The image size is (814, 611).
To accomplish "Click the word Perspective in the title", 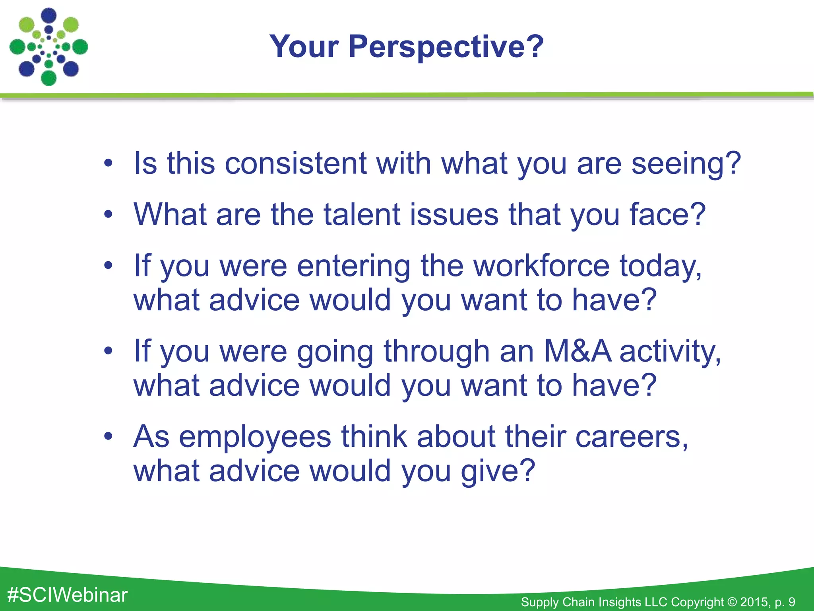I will [x=446, y=47].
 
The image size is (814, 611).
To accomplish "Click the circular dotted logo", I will [x=48, y=47].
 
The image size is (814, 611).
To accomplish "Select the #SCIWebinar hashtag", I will [x=68, y=595].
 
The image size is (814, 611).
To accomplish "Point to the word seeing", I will [x=686, y=164].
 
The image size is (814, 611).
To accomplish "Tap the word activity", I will [x=670, y=352].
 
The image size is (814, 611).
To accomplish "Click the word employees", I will [x=255, y=437].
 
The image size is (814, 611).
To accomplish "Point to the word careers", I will [x=632, y=436].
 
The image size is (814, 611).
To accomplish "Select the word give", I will [x=498, y=471].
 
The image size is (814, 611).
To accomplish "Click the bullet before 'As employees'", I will [x=108, y=436].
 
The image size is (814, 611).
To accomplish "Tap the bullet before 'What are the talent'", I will [x=108, y=214].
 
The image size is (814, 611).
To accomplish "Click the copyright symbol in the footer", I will [x=732, y=602].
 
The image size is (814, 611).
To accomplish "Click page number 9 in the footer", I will [x=791, y=602].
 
